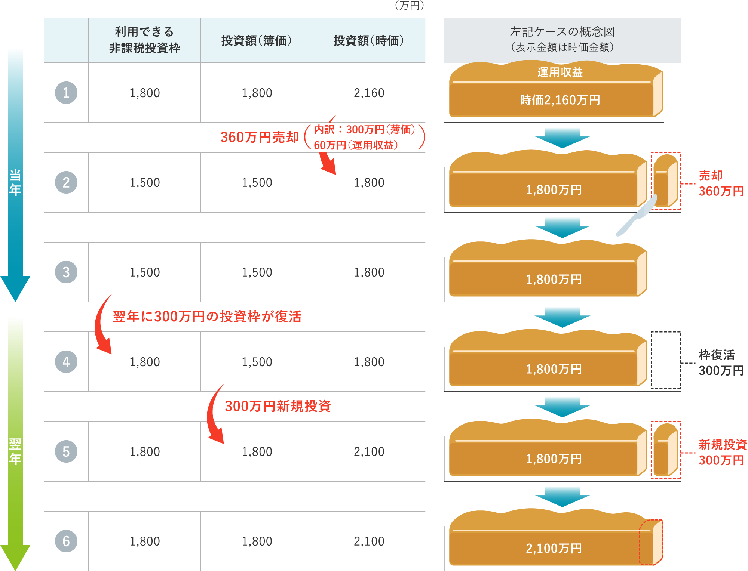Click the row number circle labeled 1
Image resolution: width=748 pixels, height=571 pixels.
pos(66,93)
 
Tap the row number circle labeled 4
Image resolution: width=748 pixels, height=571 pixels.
pos(66,362)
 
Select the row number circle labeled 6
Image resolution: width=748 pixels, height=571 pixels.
pos(66,541)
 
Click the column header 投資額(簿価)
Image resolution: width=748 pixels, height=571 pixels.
pos(257,40)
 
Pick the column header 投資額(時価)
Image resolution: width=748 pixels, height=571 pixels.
pos(369,40)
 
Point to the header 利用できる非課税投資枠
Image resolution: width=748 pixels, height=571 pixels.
pos(144,40)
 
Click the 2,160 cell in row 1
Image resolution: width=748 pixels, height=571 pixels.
pos(369,93)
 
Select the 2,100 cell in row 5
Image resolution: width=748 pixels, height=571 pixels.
pos(369,451)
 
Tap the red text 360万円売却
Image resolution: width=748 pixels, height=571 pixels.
pos(260,137)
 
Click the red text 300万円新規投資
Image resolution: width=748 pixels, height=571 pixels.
pos(278,406)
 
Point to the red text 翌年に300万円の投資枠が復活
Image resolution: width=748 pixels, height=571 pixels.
pos(207,317)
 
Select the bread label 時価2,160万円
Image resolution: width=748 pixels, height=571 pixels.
pos(560,100)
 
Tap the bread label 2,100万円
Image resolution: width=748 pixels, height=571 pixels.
pos(554,548)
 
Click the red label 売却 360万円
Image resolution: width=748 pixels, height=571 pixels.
pos(721,183)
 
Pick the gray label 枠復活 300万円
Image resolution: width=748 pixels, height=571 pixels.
pos(721,362)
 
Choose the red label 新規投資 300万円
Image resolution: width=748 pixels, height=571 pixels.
pos(722,452)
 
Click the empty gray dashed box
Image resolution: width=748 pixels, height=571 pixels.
pos(665,360)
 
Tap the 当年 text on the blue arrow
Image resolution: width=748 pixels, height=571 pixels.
pos(15,182)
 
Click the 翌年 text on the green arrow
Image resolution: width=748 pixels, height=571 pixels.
pos(15,451)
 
